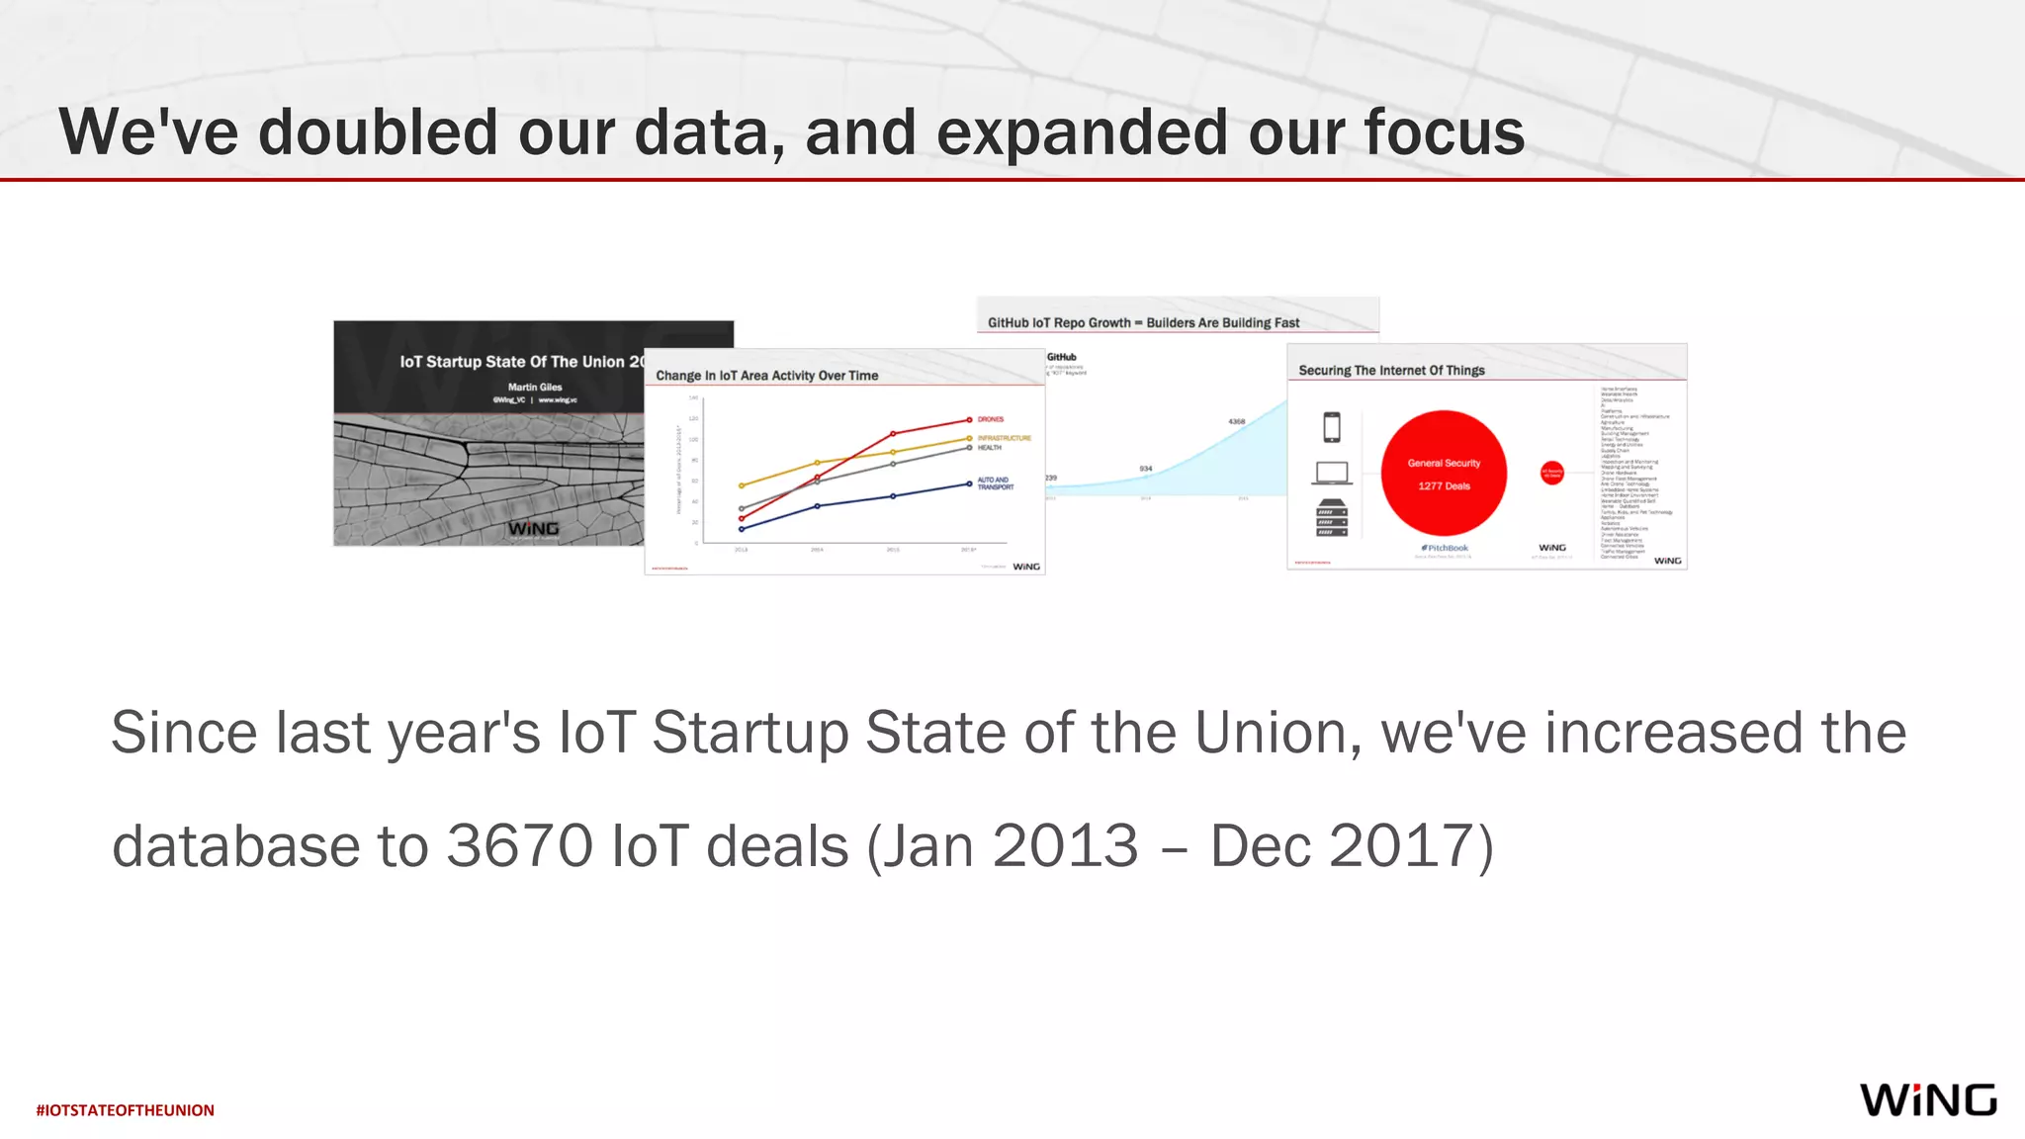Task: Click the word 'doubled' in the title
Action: pyautogui.click(x=378, y=131)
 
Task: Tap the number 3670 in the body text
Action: pyautogui.click(x=519, y=846)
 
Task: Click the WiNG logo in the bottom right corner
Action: pyautogui.click(x=1927, y=1099)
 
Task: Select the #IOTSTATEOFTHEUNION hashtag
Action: pyautogui.click(x=126, y=1110)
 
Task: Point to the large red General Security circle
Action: pyautogui.click(x=1444, y=474)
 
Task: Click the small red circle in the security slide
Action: pyautogui.click(x=1552, y=473)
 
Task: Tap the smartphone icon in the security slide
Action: pyautogui.click(x=1332, y=427)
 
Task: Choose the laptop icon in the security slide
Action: pyautogui.click(x=1332, y=474)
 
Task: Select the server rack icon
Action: pyautogui.click(x=1332, y=518)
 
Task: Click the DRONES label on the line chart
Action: pyautogui.click(x=991, y=419)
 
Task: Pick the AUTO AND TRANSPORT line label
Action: pyautogui.click(x=995, y=483)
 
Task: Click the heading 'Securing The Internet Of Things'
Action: pyautogui.click(x=1391, y=371)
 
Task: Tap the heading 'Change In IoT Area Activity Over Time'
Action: pyautogui.click(x=766, y=376)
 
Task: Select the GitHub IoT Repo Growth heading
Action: pyautogui.click(x=1143, y=323)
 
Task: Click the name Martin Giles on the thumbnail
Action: pyautogui.click(x=535, y=388)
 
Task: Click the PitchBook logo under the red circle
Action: pyautogui.click(x=1445, y=548)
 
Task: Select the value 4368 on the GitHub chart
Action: pyautogui.click(x=1237, y=422)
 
